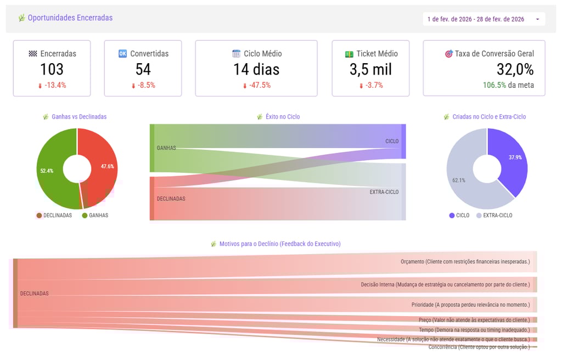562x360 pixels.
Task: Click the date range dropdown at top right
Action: (x=484, y=19)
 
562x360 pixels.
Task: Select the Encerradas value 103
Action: (x=52, y=69)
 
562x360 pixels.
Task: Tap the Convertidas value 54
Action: (x=143, y=69)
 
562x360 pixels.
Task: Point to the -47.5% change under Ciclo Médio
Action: (x=256, y=86)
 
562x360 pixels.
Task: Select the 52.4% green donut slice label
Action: (x=47, y=171)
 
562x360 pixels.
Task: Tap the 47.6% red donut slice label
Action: (x=108, y=166)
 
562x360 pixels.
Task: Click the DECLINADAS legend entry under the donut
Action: (x=54, y=216)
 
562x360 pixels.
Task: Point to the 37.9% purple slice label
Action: (x=515, y=157)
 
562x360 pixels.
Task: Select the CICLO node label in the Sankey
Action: (x=392, y=142)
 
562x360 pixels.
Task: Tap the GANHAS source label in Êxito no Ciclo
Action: (x=166, y=148)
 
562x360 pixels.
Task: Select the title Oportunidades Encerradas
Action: (x=70, y=18)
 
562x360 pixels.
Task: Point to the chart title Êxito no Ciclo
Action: (x=282, y=117)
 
